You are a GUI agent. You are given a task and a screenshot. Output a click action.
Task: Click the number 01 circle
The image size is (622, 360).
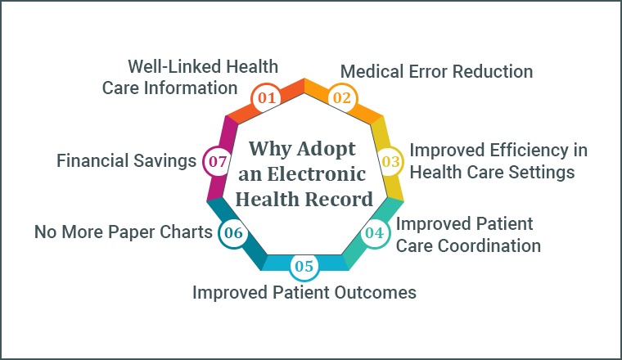coord(266,98)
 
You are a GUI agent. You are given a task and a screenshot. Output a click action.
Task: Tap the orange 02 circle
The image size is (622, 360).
coord(342,98)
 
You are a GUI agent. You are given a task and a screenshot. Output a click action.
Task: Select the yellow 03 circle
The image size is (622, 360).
coord(390,161)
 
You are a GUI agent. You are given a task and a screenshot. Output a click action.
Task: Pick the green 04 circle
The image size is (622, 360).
coord(375,232)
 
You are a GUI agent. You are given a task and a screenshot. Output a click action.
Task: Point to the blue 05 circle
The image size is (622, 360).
coord(304,266)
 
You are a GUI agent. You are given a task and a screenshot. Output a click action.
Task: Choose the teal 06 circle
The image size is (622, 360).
coord(233,232)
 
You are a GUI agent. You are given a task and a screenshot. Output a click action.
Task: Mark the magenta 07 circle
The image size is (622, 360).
coord(218,161)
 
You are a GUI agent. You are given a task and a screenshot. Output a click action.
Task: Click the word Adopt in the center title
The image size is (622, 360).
coord(326,150)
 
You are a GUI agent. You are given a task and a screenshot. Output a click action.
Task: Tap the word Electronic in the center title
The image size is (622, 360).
coord(316,174)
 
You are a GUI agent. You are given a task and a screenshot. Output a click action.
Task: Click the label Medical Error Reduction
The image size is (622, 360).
coord(436,72)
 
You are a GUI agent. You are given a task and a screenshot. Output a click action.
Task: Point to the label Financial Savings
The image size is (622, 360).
coord(126,161)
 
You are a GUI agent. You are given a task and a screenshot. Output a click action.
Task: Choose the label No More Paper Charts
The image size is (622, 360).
coord(124,232)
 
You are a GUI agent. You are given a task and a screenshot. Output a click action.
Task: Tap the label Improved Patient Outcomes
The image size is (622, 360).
coord(304,293)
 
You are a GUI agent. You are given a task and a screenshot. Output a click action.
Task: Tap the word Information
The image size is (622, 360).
coord(191,88)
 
